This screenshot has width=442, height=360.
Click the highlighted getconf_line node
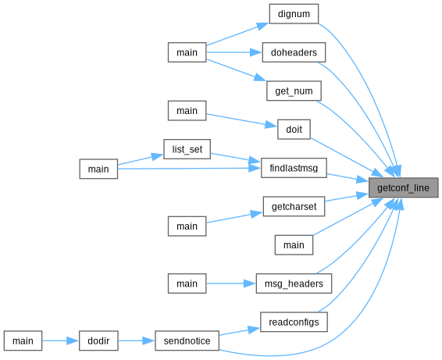pos(404,187)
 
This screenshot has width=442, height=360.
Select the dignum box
pos(294,14)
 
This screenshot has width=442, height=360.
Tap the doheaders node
pos(294,52)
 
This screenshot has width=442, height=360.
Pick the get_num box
pos(294,91)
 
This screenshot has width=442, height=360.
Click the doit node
pos(294,130)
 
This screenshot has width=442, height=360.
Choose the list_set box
pos(187,149)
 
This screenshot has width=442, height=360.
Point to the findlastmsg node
pos(294,168)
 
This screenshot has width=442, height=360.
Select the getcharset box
pos(294,207)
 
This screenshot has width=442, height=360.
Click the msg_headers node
pos(294,283)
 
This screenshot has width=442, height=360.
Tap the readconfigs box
pos(294,322)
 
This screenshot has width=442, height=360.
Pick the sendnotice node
pos(187,340)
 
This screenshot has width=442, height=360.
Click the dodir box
pos(98,340)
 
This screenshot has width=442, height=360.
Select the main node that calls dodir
pos(23,340)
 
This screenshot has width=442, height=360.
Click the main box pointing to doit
pos(187,111)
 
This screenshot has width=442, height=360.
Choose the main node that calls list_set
pos(98,169)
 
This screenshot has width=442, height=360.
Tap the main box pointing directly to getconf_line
pos(294,245)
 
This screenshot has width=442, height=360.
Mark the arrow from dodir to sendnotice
pos(137,340)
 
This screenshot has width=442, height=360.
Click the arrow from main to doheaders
pos(234,52)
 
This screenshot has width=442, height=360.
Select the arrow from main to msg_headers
pos(231,283)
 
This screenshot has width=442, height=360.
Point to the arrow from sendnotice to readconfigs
pos(240,332)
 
